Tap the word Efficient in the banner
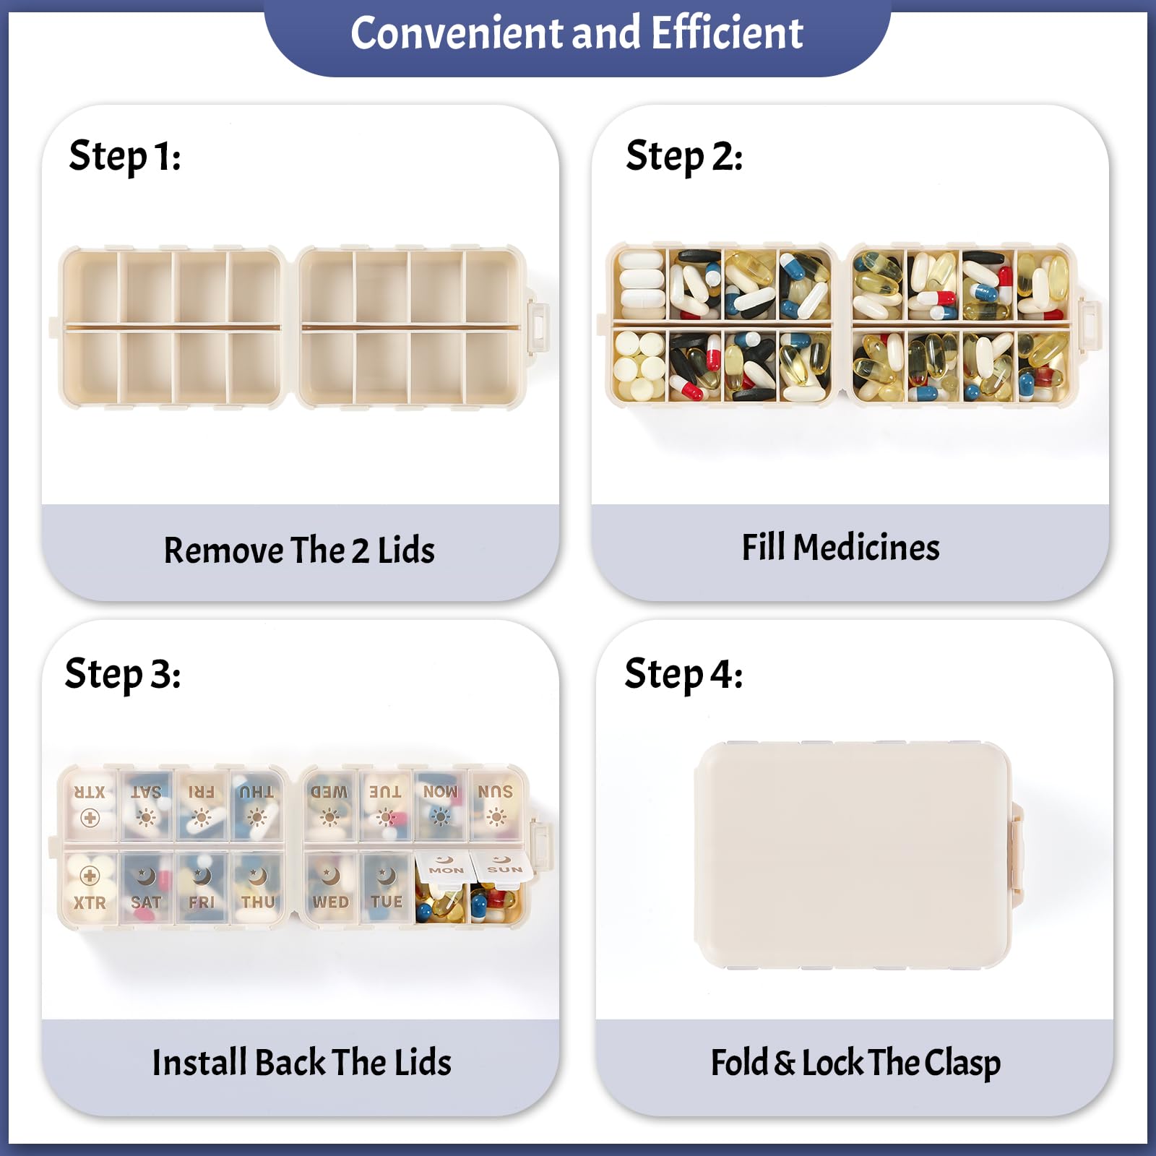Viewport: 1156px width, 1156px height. click(727, 33)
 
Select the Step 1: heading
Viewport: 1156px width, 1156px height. click(124, 157)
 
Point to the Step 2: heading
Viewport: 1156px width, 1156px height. click(683, 157)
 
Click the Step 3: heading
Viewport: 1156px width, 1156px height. click(123, 674)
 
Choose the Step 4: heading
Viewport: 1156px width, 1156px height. click(683, 674)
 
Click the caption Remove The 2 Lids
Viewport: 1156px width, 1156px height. click(299, 551)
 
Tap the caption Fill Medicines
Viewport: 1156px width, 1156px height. click(841, 548)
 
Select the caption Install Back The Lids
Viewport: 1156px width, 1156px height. click(301, 1063)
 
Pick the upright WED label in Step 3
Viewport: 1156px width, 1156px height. click(331, 902)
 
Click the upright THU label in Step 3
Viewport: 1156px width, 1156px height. click(258, 902)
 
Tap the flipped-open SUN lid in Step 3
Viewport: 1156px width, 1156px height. click(504, 866)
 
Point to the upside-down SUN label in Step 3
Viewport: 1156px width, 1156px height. click(496, 791)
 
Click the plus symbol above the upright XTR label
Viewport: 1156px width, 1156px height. click(90, 876)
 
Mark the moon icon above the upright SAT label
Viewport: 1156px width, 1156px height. click(146, 876)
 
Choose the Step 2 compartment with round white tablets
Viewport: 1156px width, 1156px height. click(639, 366)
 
